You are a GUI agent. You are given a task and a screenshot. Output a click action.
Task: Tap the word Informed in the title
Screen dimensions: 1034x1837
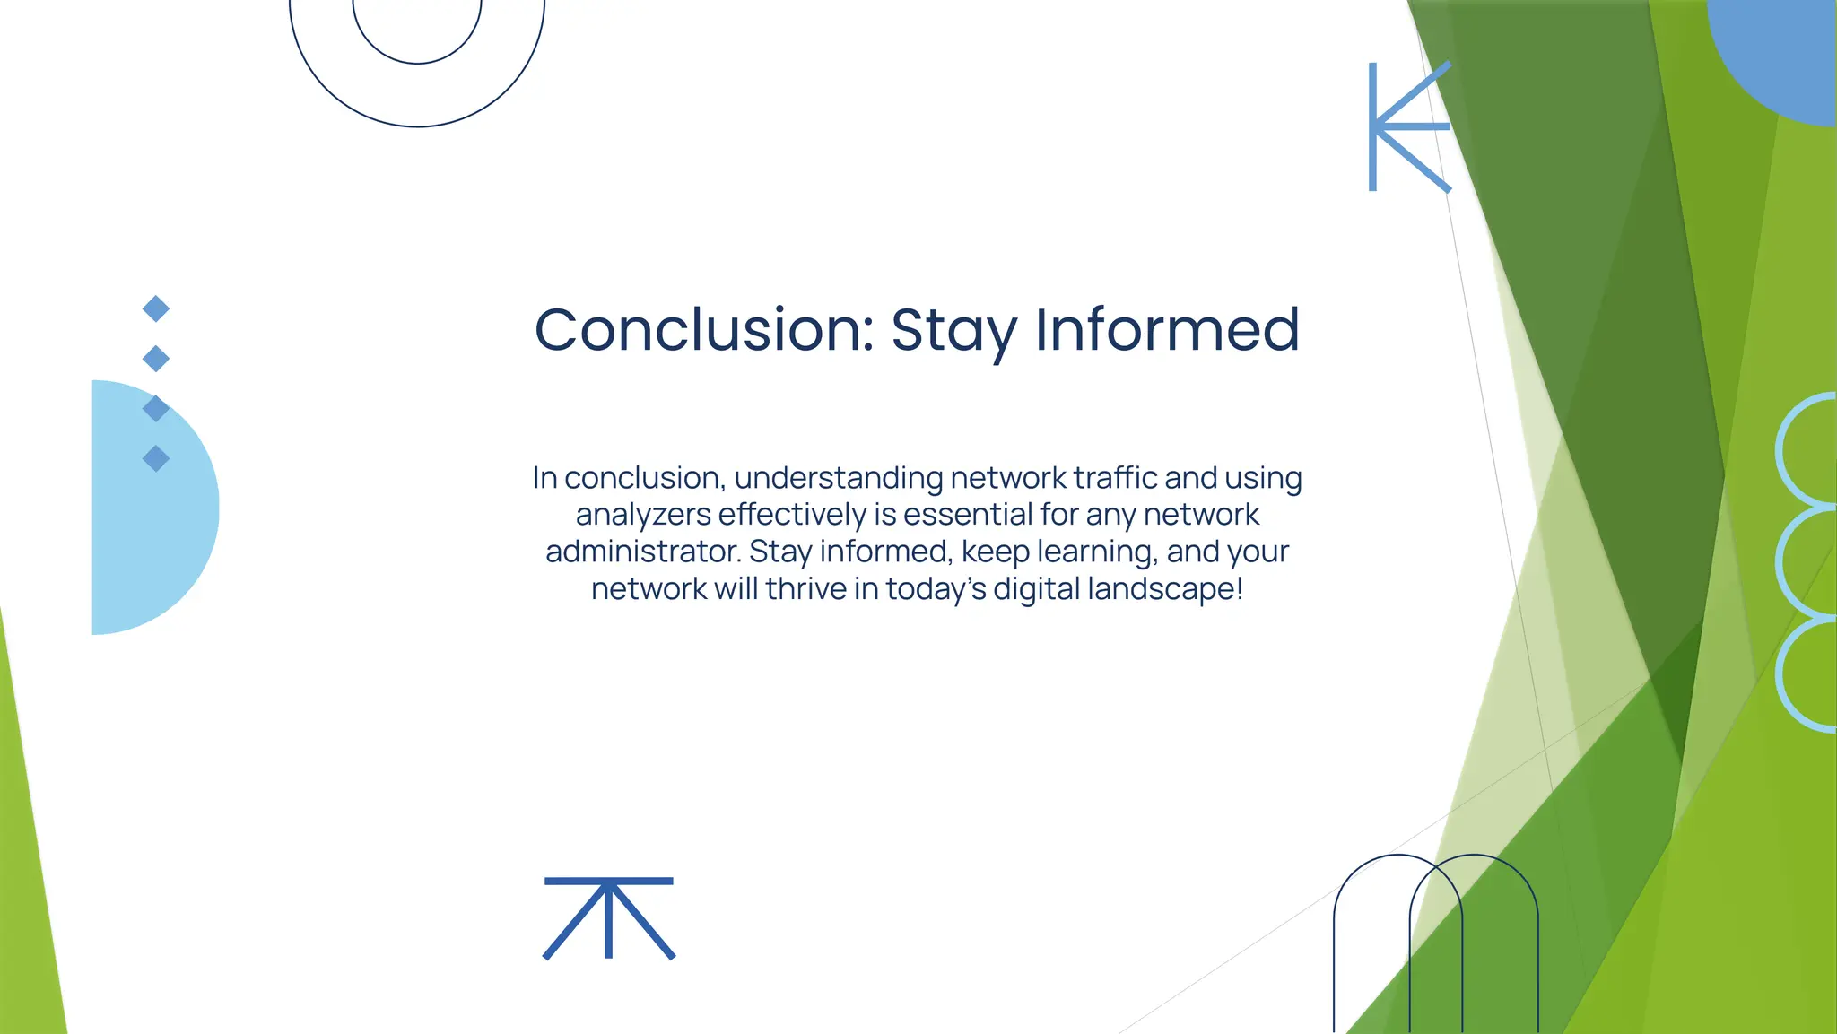click(x=1167, y=329)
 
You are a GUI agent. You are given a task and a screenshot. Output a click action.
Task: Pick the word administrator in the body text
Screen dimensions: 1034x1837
click(x=642, y=551)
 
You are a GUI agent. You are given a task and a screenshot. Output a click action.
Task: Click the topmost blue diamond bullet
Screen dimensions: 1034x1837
click(x=156, y=308)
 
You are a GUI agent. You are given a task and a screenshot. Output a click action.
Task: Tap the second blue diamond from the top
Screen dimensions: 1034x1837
click(x=156, y=359)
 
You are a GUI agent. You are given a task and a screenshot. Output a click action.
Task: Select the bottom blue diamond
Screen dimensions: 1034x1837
click(x=156, y=458)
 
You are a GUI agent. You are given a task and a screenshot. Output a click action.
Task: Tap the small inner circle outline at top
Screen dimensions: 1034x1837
click(x=417, y=61)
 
